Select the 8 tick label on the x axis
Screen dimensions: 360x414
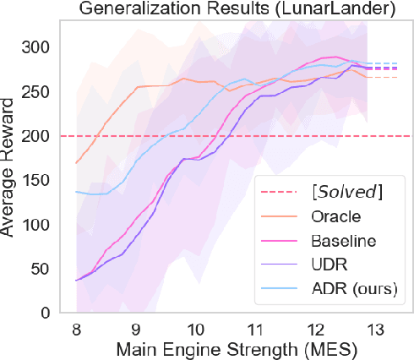tap(77, 327)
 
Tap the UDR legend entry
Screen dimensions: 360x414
tap(329, 266)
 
